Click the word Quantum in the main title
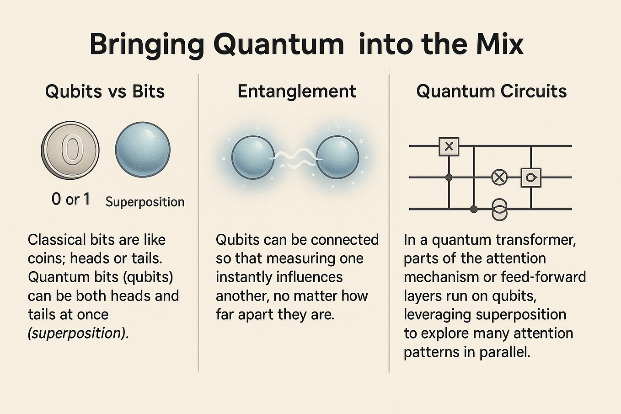pyautogui.click(x=278, y=45)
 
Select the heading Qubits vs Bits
pyautogui.click(x=105, y=91)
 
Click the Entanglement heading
pyautogui.click(x=297, y=91)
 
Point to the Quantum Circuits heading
pyautogui.click(x=491, y=91)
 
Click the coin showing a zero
pyautogui.click(x=70, y=150)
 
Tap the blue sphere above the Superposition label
pyautogui.click(x=143, y=149)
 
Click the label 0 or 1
pyautogui.click(x=71, y=199)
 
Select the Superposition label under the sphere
pyautogui.click(x=145, y=202)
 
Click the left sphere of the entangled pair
pyautogui.click(x=253, y=157)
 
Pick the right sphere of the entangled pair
pyautogui.click(x=338, y=157)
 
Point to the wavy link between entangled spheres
pyautogui.click(x=295, y=158)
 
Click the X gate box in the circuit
pyautogui.click(x=449, y=146)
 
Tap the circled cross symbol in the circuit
pyautogui.click(x=499, y=177)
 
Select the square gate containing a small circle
pyautogui.click(x=531, y=177)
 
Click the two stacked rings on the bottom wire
pyautogui.click(x=499, y=209)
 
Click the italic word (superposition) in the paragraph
pyautogui.click(x=77, y=333)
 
